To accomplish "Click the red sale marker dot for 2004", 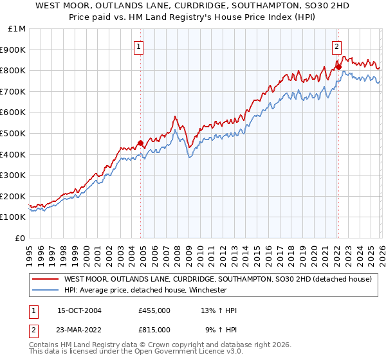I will (x=140, y=143).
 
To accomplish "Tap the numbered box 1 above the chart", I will (x=140, y=46).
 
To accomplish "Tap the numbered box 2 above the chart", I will (x=336, y=46).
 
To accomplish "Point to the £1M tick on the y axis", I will (x=17, y=29).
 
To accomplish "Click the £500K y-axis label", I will (x=14, y=133).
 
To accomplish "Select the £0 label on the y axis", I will (x=20, y=238).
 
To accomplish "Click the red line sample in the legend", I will (x=45, y=280).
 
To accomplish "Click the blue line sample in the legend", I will (x=45, y=290).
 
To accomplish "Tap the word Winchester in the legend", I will (x=207, y=290).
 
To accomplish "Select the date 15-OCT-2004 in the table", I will (x=79, y=310).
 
